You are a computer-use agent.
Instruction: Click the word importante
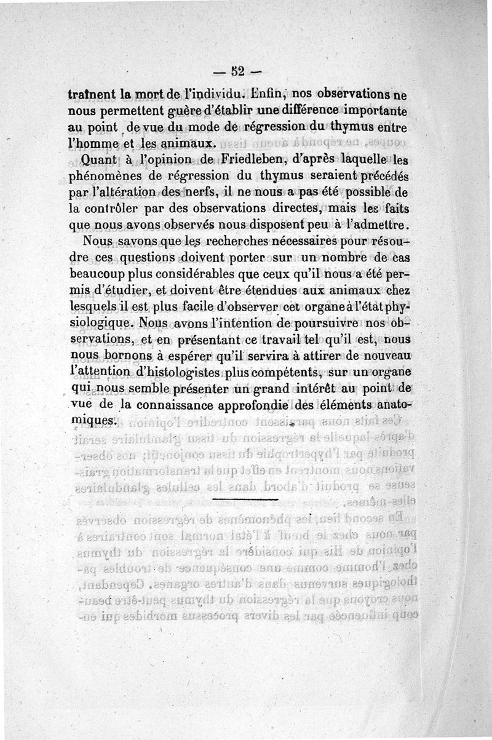[382, 111]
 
